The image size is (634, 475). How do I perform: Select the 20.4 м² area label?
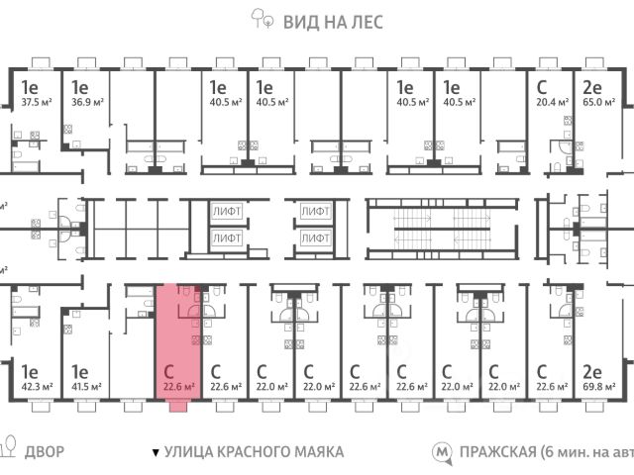point(550,101)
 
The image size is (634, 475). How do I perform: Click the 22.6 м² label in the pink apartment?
point(178,388)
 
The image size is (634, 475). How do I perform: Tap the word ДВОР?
point(46,452)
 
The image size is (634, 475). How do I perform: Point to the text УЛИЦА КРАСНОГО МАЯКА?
point(255,452)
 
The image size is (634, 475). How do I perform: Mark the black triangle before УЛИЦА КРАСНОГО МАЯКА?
point(155,453)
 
